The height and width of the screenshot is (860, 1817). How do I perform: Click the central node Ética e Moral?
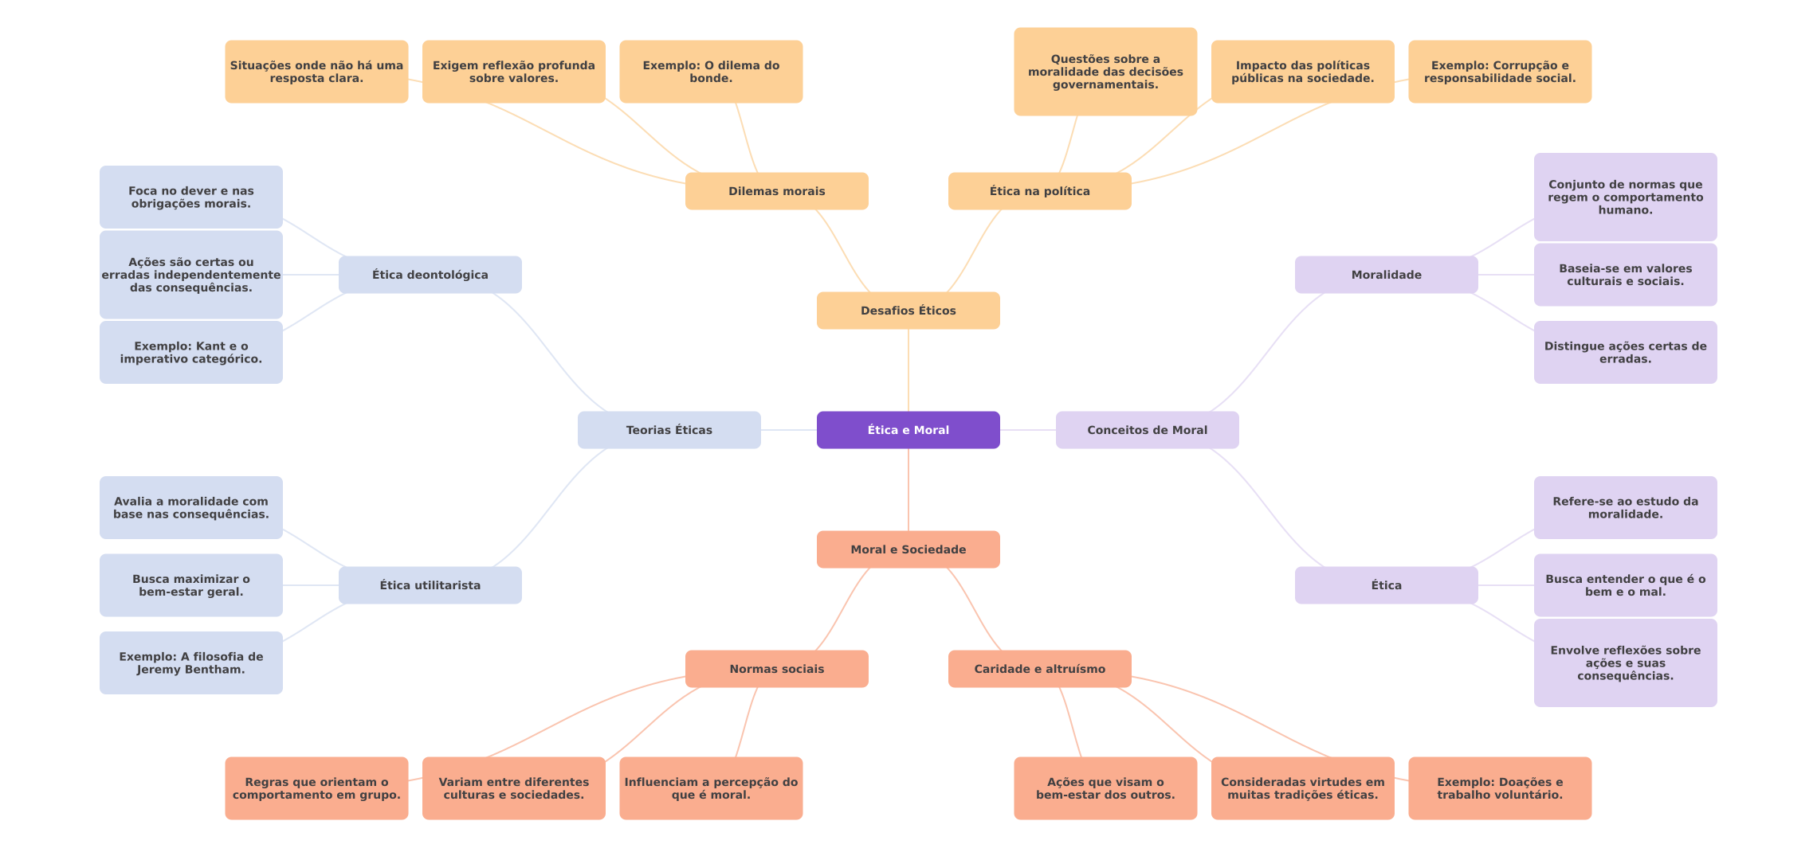tap(908, 430)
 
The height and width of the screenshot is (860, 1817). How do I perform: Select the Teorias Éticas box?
tap(669, 430)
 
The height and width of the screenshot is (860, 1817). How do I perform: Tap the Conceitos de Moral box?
tap(1148, 430)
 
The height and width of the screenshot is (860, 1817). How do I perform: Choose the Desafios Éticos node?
tap(908, 311)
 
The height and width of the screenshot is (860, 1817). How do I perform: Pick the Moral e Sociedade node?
tap(908, 549)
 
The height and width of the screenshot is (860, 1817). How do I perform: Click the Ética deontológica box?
tap(430, 275)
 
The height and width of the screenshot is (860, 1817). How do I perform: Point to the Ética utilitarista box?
tap(430, 585)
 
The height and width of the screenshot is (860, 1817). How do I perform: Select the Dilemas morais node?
tap(777, 191)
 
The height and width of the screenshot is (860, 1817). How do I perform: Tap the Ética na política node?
tap(1040, 191)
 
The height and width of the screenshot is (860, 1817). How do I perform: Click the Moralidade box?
tap(1387, 275)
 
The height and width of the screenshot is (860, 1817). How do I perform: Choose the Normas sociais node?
tap(777, 669)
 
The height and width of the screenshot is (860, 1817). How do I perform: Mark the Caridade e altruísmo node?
tap(1040, 669)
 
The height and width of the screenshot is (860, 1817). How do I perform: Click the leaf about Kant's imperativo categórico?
tap(191, 352)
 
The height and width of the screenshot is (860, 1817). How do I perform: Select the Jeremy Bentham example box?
tap(191, 663)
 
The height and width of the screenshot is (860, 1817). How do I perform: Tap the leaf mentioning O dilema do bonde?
tap(711, 72)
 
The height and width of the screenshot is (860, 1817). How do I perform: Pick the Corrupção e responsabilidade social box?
tap(1500, 72)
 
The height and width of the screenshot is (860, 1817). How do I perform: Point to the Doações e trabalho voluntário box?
tap(1500, 788)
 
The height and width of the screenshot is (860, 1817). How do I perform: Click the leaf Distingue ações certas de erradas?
tap(1626, 352)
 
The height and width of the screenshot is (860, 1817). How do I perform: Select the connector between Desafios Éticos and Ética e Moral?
tap(908, 370)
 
